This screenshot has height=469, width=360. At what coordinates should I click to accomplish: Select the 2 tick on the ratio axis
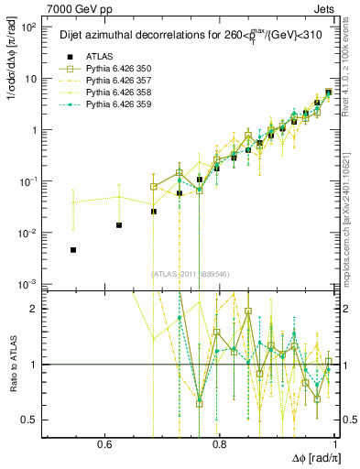[x=38, y=310]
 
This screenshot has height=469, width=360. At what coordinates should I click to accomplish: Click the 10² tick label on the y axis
[x=30, y=27]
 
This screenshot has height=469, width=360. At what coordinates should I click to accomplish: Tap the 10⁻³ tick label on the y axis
[x=30, y=284]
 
